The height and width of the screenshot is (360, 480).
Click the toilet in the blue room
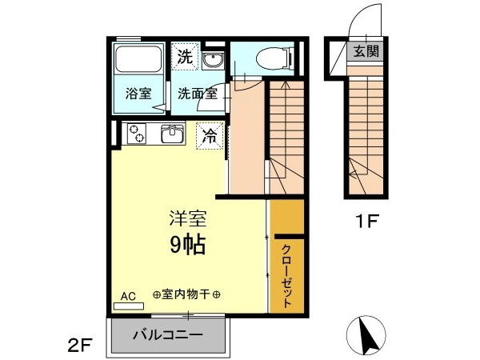coord(274,58)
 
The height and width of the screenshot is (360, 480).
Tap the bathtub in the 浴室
coord(138,59)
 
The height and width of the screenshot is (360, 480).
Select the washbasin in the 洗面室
coord(214,60)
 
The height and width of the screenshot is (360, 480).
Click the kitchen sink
coord(173,134)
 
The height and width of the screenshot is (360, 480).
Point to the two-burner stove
coord(137,134)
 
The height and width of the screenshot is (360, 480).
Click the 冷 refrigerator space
coord(210,136)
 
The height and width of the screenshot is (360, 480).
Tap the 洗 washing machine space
coord(186,56)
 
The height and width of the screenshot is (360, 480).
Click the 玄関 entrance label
coord(366,51)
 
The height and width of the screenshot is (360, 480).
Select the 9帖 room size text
coord(187,246)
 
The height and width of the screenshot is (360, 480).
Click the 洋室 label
coord(188,218)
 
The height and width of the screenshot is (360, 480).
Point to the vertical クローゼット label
coord(286,275)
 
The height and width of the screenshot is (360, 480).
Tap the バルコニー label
coord(168,334)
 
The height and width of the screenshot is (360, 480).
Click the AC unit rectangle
coord(129,306)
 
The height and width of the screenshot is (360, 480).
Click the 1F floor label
coord(367,221)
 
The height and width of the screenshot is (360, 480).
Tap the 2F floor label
coord(80,346)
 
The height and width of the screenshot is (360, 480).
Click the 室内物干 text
coord(186,294)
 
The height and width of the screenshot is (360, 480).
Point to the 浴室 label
coord(138,93)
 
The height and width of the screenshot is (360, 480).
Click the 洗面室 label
coord(198,94)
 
